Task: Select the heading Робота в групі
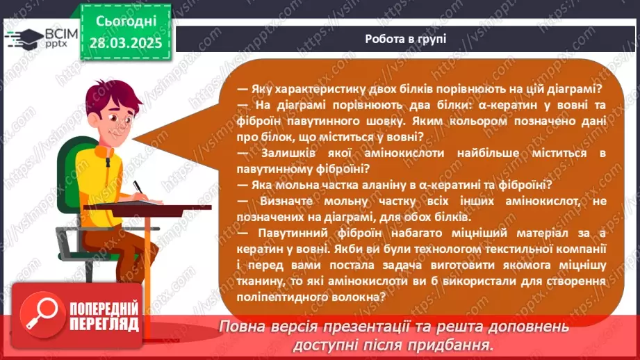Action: [405, 38]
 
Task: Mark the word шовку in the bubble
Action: [370, 120]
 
